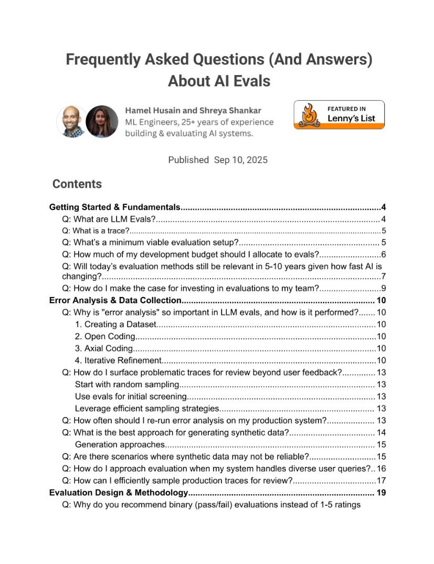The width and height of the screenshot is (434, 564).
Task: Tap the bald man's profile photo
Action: coord(72,122)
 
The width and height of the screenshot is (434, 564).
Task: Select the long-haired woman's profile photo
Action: coord(102,122)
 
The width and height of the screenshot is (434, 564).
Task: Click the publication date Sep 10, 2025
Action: coord(241,160)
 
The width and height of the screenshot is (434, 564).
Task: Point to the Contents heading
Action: coord(77,184)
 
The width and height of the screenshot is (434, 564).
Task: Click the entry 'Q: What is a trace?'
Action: coord(96,231)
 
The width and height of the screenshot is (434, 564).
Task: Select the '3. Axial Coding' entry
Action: coord(104,348)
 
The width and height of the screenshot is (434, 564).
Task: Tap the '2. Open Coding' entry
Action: coord(105,336)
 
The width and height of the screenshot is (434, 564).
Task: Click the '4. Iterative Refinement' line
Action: coord(118,360)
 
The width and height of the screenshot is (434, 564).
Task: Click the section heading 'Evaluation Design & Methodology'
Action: coord(119,493)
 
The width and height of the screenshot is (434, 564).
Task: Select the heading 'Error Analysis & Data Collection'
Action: coord(115,301)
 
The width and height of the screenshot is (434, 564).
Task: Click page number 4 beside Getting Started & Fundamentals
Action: coord(384,207)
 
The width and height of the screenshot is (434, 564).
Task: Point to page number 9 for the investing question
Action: coord(384,288)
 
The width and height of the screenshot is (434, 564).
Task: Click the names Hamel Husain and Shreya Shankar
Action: coord(193,111)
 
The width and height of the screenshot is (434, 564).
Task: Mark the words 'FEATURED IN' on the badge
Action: coord(347,109)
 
